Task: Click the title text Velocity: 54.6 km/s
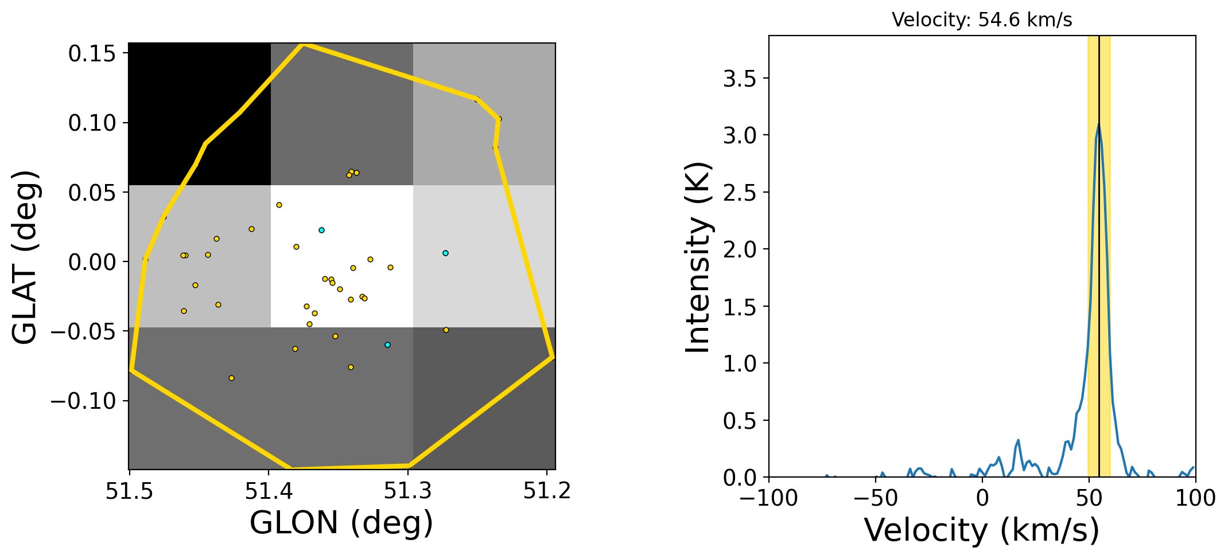(982, 20)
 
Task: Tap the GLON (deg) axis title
(341, 523)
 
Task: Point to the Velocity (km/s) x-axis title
(982, 530)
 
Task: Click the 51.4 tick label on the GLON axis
(269, 491)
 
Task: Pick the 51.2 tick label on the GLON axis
(547, 491)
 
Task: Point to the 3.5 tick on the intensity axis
(740, 79)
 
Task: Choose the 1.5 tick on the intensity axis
(740, 307)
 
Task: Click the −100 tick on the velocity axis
(769, 498)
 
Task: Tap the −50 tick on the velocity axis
(876, 498)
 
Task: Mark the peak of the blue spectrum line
(1099, 124)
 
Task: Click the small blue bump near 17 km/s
(1018, 440)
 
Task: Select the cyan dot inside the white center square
(321, 230)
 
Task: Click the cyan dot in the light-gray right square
(445, 253)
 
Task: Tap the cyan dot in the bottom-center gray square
(387, 345)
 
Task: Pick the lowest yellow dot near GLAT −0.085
(231, 378)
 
